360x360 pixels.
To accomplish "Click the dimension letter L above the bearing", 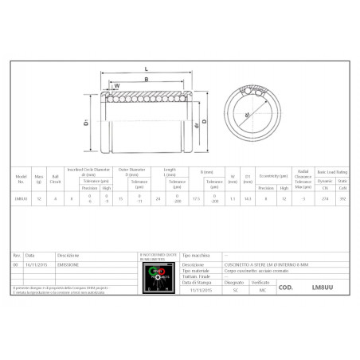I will coord(147,69).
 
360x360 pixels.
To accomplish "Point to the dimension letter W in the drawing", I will coord(116,86).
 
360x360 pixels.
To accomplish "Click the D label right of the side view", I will coord(205,122).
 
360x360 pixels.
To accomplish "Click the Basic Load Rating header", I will coord(334,171).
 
